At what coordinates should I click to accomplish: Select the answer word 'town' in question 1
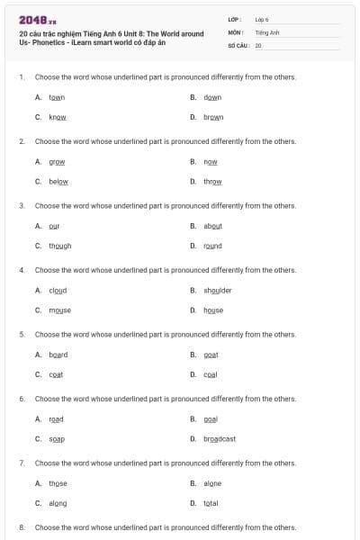point(57,97)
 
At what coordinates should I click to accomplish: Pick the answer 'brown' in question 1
point(213,117)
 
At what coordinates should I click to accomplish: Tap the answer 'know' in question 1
point(58,117)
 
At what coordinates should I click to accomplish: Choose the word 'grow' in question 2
point(57,162)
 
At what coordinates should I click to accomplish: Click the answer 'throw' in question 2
point(212,181)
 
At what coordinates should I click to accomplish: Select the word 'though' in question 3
point(60,246)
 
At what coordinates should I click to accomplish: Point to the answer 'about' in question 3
point(213,226)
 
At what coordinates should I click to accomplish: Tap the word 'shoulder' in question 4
point(218,291)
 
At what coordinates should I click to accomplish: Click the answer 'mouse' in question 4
point(60,310)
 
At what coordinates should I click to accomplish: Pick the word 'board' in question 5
point(58,355)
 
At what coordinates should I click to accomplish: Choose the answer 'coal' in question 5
point(211,374)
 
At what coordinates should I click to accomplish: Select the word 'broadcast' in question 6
point(220,439)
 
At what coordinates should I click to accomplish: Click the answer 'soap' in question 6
point(57,439)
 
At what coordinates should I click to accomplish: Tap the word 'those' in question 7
point(58,483)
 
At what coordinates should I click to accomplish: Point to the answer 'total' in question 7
point(211,503)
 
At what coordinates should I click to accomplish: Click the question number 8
point(22,527)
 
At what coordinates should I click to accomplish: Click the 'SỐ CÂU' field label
point(238,44)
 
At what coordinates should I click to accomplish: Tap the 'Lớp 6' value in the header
point(262,19)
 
